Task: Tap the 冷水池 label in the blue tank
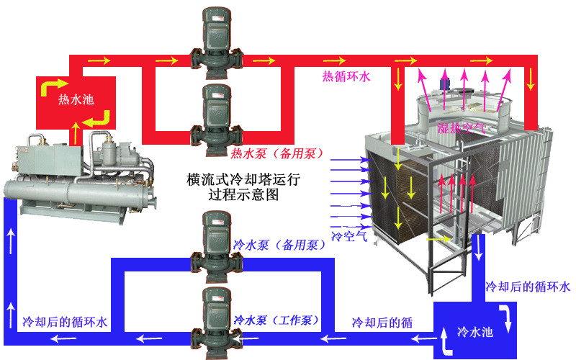(474, 333)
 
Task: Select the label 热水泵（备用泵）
(276, 153)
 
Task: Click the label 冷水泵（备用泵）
(279, 245)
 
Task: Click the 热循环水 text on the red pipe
(346, 75)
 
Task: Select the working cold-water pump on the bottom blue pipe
(210, 317)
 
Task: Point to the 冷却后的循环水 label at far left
(65, 322)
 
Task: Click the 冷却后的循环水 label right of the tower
(528, 287)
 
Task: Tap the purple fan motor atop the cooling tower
(445, 80)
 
